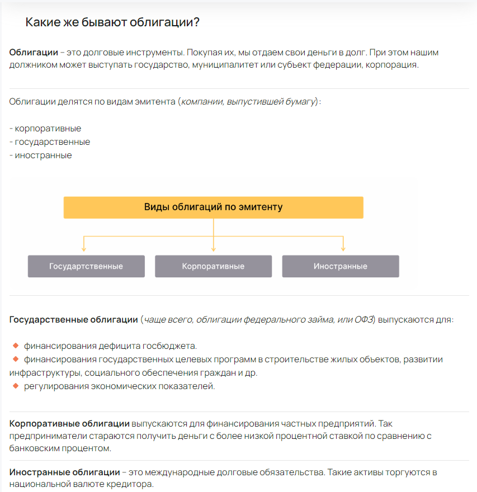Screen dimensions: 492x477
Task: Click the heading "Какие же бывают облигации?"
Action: pos(112,22)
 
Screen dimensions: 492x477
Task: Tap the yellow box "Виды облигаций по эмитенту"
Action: pos(213,207)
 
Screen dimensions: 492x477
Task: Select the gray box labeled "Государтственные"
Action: pos(86,266)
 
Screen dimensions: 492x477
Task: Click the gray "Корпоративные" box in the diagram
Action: pos(213,266)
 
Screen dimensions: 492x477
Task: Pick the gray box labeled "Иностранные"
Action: pos(341,266)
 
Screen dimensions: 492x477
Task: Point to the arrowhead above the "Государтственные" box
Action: pos(84,248)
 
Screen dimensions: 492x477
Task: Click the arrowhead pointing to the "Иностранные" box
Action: pos(343,248)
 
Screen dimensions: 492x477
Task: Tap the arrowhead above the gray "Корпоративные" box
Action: pos(214,248)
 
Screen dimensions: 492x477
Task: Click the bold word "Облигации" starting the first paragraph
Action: pos(34,53)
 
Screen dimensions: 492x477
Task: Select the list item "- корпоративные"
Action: pos(45,129)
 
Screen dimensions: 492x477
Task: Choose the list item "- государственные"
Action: pos(50,142)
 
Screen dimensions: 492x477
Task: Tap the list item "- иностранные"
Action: pos(41,155)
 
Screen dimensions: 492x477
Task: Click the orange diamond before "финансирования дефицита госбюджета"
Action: pos(16,345)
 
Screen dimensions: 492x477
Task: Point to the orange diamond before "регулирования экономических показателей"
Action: pos(16,386)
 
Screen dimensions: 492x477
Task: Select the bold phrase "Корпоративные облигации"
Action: pos(69,424)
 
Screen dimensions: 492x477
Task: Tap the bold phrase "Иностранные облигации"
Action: pos(65,472)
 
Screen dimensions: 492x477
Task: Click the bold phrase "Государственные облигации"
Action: pos(73,320)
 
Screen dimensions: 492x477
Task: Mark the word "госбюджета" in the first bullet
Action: pos(173,346)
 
